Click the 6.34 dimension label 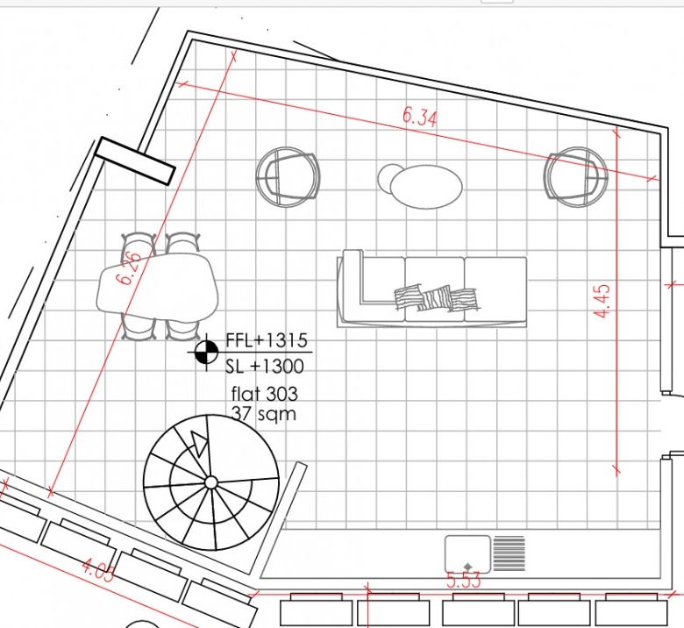[419, 117]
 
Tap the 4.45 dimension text [602, 301]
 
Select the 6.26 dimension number [130, 268]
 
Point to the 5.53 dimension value [463, 580]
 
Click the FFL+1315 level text [267, 340]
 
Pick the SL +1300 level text [264, 367]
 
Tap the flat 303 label [264, 394]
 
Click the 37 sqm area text [263, 413]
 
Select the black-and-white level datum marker [206, 353]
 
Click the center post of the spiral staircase [210, 482]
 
